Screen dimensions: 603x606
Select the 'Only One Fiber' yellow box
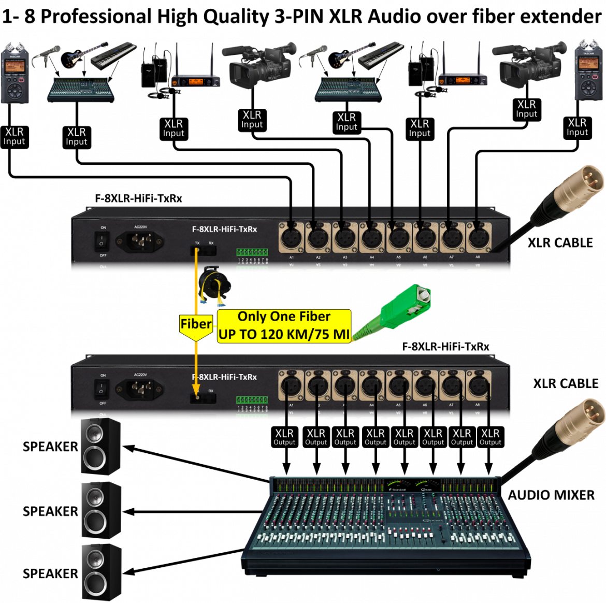284,326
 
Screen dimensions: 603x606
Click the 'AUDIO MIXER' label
551,495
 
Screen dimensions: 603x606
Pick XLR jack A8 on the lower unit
478,385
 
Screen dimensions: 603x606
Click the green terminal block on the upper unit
252,252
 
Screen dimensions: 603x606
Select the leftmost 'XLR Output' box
284,437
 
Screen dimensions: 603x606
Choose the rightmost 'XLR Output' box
490,437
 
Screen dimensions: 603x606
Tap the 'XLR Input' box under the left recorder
15,136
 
